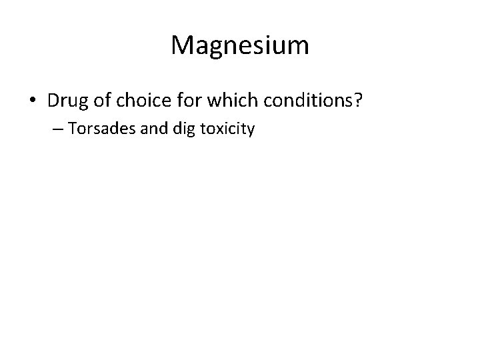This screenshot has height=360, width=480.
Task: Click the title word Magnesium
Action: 240,46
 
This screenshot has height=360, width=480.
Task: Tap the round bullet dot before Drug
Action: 32,101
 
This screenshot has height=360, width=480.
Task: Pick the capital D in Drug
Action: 54,101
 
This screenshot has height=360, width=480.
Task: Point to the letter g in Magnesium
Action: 214,48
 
